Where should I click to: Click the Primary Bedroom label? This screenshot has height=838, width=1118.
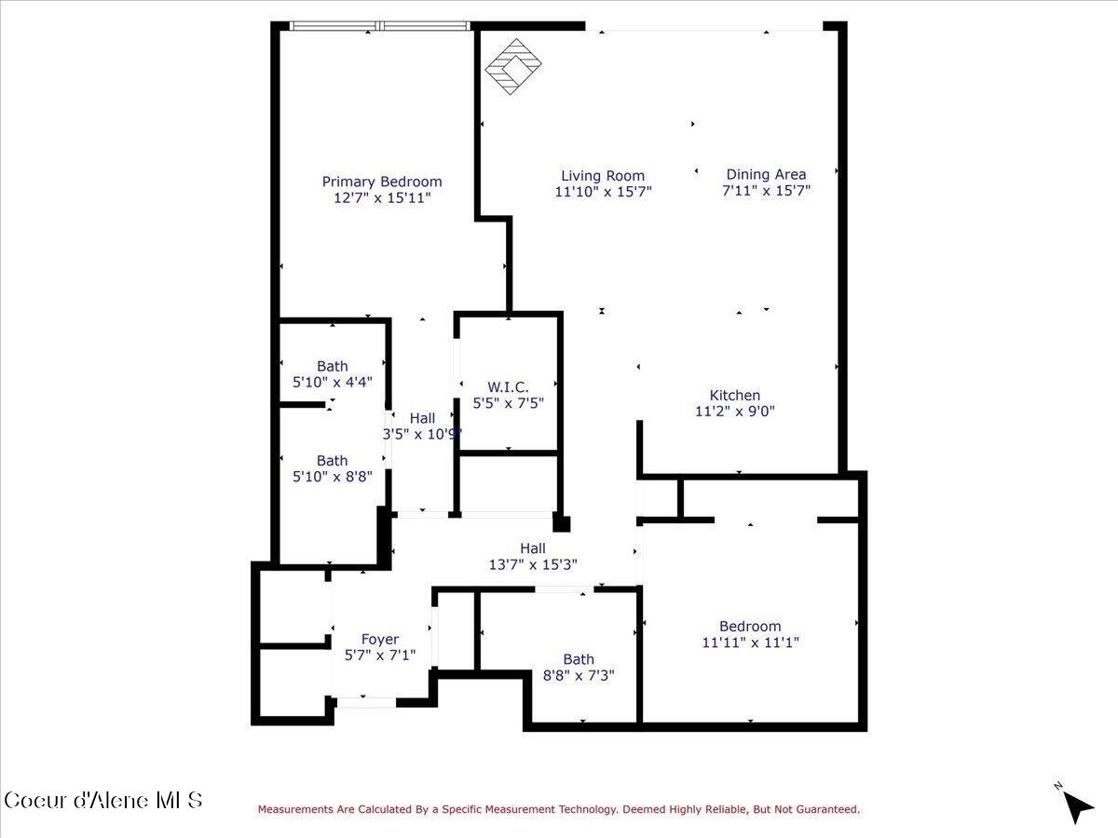[382, 182]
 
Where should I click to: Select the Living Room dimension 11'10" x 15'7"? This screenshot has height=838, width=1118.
[603, 192]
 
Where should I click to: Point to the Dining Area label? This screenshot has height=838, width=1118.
[766, 174]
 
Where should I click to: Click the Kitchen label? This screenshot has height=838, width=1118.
[735, 395]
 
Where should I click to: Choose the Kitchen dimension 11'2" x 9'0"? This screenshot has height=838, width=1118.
[735, 411]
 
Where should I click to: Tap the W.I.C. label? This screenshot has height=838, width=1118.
[508, 386]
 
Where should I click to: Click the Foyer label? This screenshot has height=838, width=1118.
[380, 639]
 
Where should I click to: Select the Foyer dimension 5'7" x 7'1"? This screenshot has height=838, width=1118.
[380, 656]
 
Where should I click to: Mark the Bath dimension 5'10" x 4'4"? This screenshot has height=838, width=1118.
[332, 382]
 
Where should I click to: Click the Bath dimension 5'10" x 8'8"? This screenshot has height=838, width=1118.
[332, 477]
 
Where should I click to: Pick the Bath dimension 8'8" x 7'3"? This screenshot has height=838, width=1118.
[579, 676]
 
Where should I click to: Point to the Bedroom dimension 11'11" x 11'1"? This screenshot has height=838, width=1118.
[750, 642]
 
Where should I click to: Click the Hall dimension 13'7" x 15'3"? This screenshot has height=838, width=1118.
[533, 564]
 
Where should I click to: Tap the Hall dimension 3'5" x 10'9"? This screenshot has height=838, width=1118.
[422, 434]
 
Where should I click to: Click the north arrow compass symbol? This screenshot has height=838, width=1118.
[1077, 804]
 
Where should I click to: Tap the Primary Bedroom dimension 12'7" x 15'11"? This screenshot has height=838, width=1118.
[382, 198]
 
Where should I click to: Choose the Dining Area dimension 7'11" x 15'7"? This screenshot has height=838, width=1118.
[766, 191]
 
